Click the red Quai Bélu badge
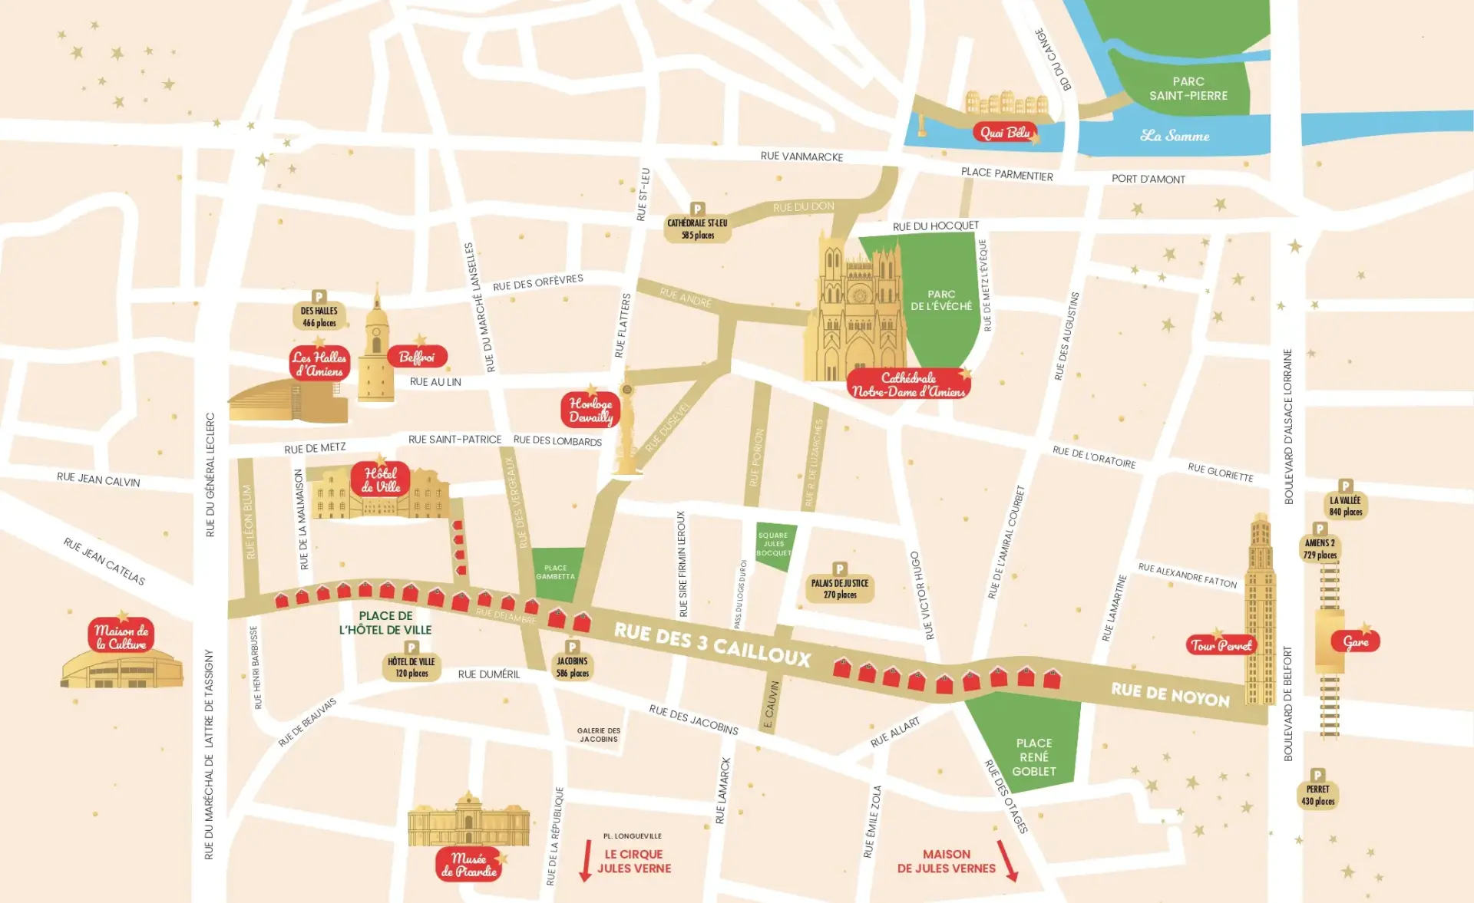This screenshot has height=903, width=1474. [x=1005, y=133]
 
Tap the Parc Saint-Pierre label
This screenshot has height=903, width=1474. [x=1188, y=89]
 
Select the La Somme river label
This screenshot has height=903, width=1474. [x=1175, y=136]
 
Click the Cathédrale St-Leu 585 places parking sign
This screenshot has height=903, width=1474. [x=697, y=229]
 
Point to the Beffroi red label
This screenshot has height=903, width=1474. [x=417, y=357]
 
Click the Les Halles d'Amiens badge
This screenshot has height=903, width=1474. [x=319, y=364]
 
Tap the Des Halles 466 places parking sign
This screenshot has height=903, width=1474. [x=319, y=316]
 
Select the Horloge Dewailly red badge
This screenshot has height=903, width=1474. [x=590, y=410]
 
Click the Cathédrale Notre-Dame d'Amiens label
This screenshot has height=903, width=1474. [x=908, y=384]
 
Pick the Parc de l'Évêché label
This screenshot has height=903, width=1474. [x=941, y=300]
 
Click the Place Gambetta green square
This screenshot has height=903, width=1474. [x=555, y=572]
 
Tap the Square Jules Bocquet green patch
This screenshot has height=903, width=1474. [x=773, y=545]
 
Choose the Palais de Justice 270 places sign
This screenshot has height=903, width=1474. [x=840, y=588]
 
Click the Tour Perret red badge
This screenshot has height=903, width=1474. [x=1221, y=645]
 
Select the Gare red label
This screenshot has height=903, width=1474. [x=1356, y=641]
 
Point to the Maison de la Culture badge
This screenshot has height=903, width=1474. [x=121, y=637]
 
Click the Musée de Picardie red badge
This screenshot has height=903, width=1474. [x=468, y=865]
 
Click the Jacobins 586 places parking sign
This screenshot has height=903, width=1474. [x=572, y=667]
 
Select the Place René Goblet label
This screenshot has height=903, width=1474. [x=1033, y=757]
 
